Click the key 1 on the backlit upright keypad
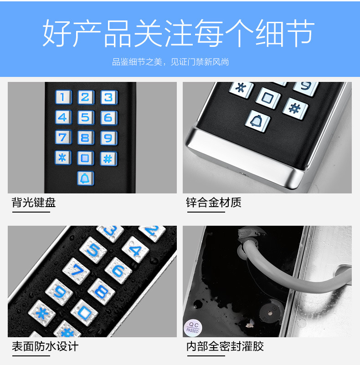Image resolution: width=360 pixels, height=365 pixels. point(63,97)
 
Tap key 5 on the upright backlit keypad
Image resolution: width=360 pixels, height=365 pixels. point(86,117)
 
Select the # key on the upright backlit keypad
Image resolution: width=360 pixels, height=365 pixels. point(108,159)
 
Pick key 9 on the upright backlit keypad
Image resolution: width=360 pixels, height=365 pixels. point(108,138)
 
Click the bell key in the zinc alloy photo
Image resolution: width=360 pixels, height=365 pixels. point(257,121)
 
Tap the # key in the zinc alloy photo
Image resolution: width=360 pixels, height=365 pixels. point(295,109)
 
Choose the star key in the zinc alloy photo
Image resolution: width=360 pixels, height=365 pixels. point(241,89)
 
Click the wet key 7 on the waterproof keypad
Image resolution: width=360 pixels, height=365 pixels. point(76,271)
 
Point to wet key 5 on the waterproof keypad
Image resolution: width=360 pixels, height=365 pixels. point(93,250)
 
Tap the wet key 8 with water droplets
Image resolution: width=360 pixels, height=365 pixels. point(101,291)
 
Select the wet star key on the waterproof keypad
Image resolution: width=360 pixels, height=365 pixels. point(42,313)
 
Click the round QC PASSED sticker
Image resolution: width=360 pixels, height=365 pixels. point(193,328)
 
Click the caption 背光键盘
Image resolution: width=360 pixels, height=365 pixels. point(34,202)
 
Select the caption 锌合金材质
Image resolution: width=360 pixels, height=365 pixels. point(214,202)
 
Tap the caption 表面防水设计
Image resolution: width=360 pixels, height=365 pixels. point(45,346)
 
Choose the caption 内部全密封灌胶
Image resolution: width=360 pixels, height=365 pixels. point(225,346)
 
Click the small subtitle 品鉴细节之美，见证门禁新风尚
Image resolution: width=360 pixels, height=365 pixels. point(170,62)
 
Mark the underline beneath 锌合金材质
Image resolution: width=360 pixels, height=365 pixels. point(206,212)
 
